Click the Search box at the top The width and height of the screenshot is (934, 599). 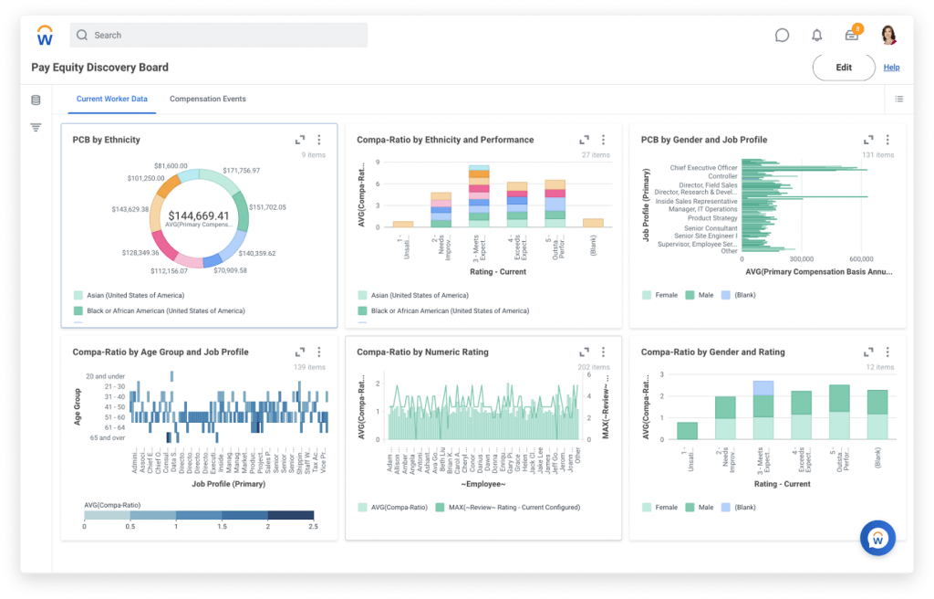(x=219, y=36)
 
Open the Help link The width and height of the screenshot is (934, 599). (x=891, y=68)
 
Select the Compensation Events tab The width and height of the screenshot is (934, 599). (x=208, y=99)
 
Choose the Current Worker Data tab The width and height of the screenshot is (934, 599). (x=112, y=99)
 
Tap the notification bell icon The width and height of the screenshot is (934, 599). (x=816, y=36)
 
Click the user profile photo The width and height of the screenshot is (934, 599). (x=888, y=36)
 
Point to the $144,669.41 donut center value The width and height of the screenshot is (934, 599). (x=198, y=215)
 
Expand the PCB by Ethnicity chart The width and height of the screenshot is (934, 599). (x=300, y=140)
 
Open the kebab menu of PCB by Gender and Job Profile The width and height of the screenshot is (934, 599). (x=887, y=140)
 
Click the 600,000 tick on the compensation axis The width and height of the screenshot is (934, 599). (x=861, y=259)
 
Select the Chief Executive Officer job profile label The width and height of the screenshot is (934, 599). (x=703, y=168)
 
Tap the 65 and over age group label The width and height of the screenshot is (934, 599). (x=105, y=438)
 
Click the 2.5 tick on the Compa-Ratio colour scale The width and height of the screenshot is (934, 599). (x=314, y=526)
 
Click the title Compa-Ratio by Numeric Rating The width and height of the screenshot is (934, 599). (x=422, y=352)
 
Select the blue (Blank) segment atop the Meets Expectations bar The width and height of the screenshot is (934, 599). (x=763, y=388)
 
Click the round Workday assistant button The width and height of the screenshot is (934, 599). (x=877, y=539)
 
